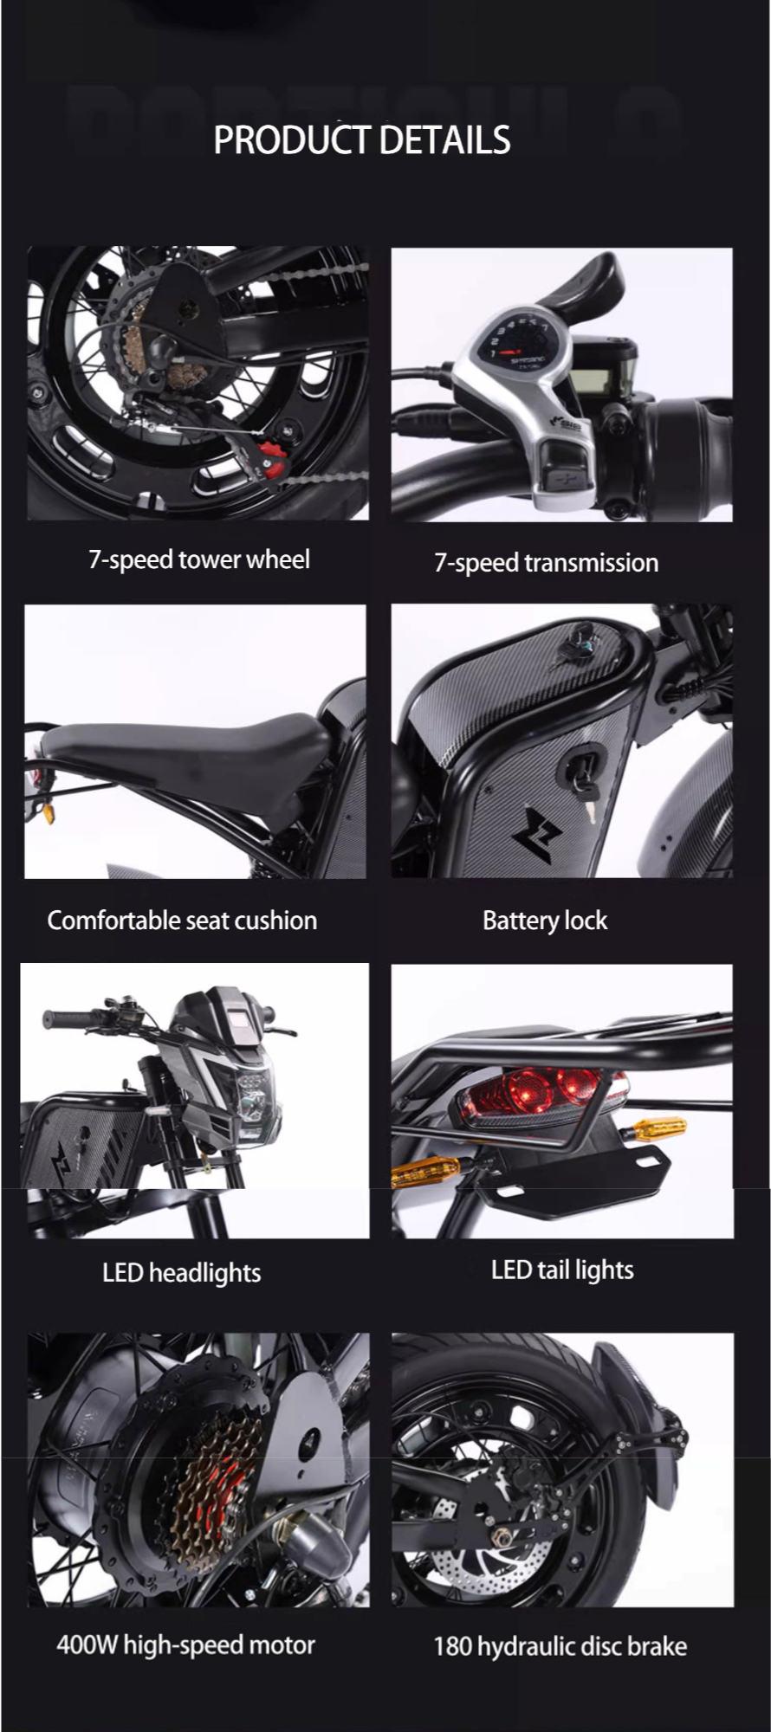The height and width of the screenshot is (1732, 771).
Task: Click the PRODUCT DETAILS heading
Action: coord(362,139)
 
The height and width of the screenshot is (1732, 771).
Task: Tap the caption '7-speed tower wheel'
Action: coord(199,559)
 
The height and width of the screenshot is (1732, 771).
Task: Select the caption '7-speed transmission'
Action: coord(546,563)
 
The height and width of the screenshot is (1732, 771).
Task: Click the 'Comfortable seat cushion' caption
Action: coord(182,920)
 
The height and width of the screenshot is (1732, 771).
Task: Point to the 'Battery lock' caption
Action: coord(545,920)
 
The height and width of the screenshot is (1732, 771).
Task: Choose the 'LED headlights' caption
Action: coord(182,1272)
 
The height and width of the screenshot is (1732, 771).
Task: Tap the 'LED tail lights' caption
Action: coord(562,1270)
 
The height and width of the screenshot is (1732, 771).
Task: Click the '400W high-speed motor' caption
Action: coord(185,1645)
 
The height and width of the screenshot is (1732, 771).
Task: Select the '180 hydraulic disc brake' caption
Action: coord(560,1645)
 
